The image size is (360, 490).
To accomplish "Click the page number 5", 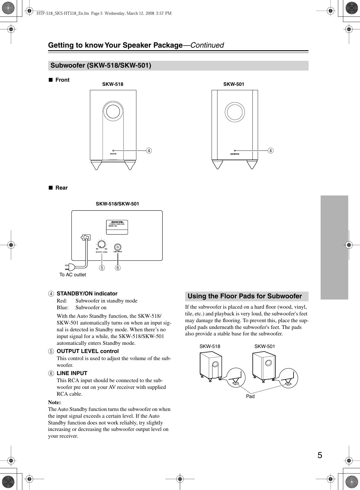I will [x=320, y=455].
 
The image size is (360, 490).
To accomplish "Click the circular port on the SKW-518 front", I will [x=113, y=112].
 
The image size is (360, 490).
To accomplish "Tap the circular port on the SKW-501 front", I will [x=235, y=112].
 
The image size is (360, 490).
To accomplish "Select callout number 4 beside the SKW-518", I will [x=149, y=150].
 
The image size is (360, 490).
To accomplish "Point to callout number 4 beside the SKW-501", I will [x=270, y=150].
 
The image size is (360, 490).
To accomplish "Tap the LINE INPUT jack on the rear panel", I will [x=118, y=247].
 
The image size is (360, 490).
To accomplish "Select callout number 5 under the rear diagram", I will [x=102, y=268].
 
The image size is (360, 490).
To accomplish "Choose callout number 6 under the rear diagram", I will [x=118, y=268].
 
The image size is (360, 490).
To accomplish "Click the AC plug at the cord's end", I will [x=70, y=267].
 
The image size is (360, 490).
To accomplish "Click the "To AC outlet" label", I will [x=73, y=275].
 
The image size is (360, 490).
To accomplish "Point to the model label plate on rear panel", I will [x=117, y=227].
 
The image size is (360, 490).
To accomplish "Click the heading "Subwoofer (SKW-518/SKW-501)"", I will [x=101, y=65].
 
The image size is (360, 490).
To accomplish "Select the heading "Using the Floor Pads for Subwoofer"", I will [x=245, y=296].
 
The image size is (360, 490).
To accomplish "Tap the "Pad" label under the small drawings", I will [x=250, y=396].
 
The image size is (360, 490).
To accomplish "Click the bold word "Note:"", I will [x=54, y=402].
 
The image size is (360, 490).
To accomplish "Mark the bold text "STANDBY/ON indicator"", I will [x=87, y=294].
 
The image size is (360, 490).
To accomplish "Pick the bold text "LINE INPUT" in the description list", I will [x=72, y=373].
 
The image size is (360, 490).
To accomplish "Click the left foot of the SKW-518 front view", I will [x=96, y=165].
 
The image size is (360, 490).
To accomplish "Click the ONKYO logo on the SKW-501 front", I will [x=235, y=154].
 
